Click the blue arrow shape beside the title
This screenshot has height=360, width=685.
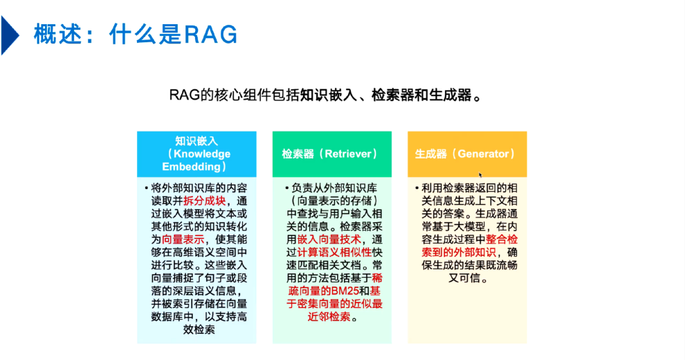[x=9, y=35]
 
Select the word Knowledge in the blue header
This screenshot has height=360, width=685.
[x=201, y=154]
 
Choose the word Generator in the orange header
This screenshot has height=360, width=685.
[x=484, y=154]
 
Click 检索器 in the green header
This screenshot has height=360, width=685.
[x=297, y=154]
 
